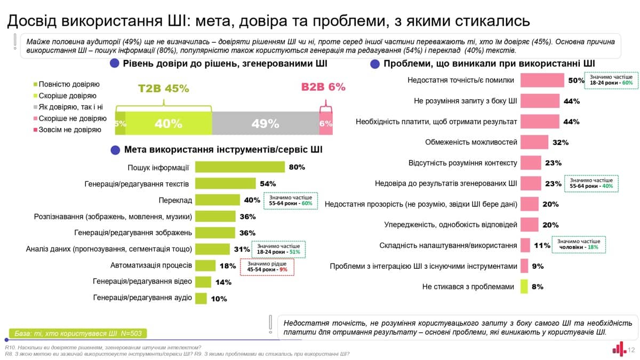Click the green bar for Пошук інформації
point(240,167)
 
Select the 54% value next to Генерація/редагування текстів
point(267,183)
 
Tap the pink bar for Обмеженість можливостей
point(534,142)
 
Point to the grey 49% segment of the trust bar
point(265,123)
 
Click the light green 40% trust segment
point(169,123)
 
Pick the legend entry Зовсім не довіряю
point(66,130)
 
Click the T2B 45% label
point(164,88)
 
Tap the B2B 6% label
point(323,87)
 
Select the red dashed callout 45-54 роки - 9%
point(268,267)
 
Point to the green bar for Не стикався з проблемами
point(524,286)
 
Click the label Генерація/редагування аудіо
point(142,298)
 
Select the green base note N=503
point(78,334)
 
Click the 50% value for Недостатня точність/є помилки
point(576,81)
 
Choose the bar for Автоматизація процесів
point(205,266)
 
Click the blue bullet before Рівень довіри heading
point(114,63)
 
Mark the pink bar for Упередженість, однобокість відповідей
point(529,225)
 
